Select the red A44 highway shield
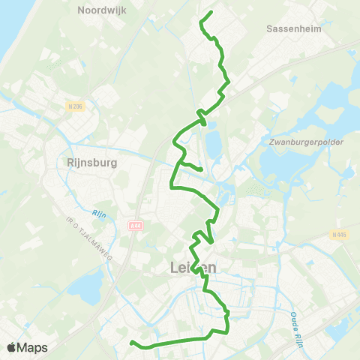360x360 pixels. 135,225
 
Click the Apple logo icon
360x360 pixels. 12,347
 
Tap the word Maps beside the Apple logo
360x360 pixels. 33,348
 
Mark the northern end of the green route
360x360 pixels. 211,12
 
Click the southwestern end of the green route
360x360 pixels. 132,343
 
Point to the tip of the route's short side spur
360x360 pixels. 202,169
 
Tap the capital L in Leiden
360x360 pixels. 165,268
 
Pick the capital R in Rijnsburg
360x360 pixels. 63,162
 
